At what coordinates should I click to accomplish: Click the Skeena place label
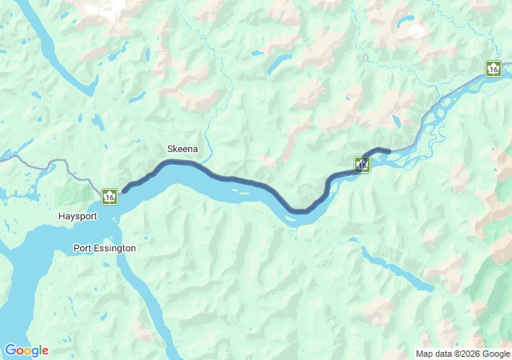tap(182, 149)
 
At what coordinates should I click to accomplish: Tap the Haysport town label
tap(78, 217)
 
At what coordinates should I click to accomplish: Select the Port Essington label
tap(104, 248)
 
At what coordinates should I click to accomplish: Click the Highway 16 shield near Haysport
tap(110, 195)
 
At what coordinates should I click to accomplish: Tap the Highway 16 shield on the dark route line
tap(362, 165)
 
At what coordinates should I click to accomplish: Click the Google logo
tap(26, 350)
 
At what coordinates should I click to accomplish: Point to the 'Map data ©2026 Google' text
tap(462, 354)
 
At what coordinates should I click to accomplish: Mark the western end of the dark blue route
tap(124, 191)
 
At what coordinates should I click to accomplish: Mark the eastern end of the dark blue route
tap(389, 150)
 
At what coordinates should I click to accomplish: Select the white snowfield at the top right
tap(416, 32)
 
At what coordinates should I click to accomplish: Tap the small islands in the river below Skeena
tap(240, 191)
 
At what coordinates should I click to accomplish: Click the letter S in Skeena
tap(170, 149)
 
